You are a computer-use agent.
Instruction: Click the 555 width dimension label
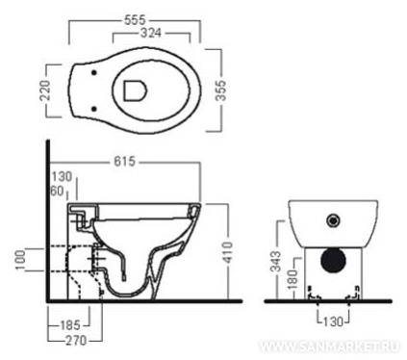(x=135, y=20)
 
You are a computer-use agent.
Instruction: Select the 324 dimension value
(x=151, y=33)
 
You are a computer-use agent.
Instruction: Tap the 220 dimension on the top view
(x=45, y=90)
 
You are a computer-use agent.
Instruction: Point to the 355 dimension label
(x=220, y=90)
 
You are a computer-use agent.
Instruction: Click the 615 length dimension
(x=125, y=161)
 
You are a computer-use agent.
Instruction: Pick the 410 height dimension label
(x=227, y=252)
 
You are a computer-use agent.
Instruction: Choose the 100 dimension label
(x=20, y=260)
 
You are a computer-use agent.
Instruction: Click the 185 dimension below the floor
(x=70, y=325)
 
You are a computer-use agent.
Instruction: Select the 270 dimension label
(x=76, y=340)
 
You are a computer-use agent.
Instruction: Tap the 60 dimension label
(x=57, y=192)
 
